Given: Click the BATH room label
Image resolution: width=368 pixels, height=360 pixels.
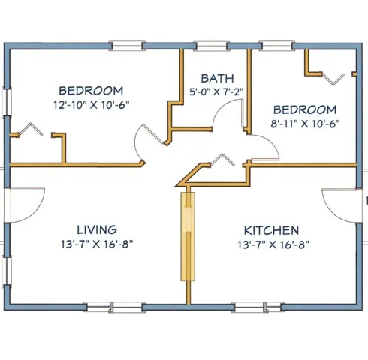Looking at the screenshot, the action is [x=217, y=78].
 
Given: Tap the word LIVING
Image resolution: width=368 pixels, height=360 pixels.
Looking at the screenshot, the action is [x=97, y=229].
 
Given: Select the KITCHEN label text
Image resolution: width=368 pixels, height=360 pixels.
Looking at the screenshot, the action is [x=271, y=230].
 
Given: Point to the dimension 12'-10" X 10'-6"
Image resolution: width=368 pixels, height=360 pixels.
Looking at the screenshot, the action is [x=92, y=105].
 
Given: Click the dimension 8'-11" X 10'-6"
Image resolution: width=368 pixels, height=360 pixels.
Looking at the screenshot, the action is [x=305, y=124].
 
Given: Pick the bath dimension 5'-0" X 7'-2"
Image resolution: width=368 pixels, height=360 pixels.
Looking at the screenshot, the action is [x=216, y=91].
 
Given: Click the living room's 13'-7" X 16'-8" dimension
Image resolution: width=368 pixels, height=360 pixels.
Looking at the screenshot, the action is [x=97, y=244].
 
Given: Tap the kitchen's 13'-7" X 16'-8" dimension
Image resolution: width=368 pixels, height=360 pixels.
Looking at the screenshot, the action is [x=273, y=244].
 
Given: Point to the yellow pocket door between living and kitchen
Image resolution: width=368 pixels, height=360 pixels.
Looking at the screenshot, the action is [x=188, y=236].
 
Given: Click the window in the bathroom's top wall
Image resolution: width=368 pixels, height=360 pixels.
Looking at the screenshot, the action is [x=212, y=46].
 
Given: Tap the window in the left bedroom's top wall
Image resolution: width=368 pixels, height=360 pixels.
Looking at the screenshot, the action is [x=127, y=46].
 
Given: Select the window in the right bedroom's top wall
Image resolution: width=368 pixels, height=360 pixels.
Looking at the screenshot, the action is [x=277, y=46].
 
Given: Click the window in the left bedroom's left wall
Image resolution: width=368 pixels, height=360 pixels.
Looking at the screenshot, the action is [x=7, y=102].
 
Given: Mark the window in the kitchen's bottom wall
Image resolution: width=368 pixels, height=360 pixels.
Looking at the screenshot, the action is [x=258, y=307].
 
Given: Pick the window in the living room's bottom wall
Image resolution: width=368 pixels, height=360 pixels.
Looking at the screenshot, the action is [x=114, y=307].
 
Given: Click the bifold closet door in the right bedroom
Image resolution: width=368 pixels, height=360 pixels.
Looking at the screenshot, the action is [x=333, y=79].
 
